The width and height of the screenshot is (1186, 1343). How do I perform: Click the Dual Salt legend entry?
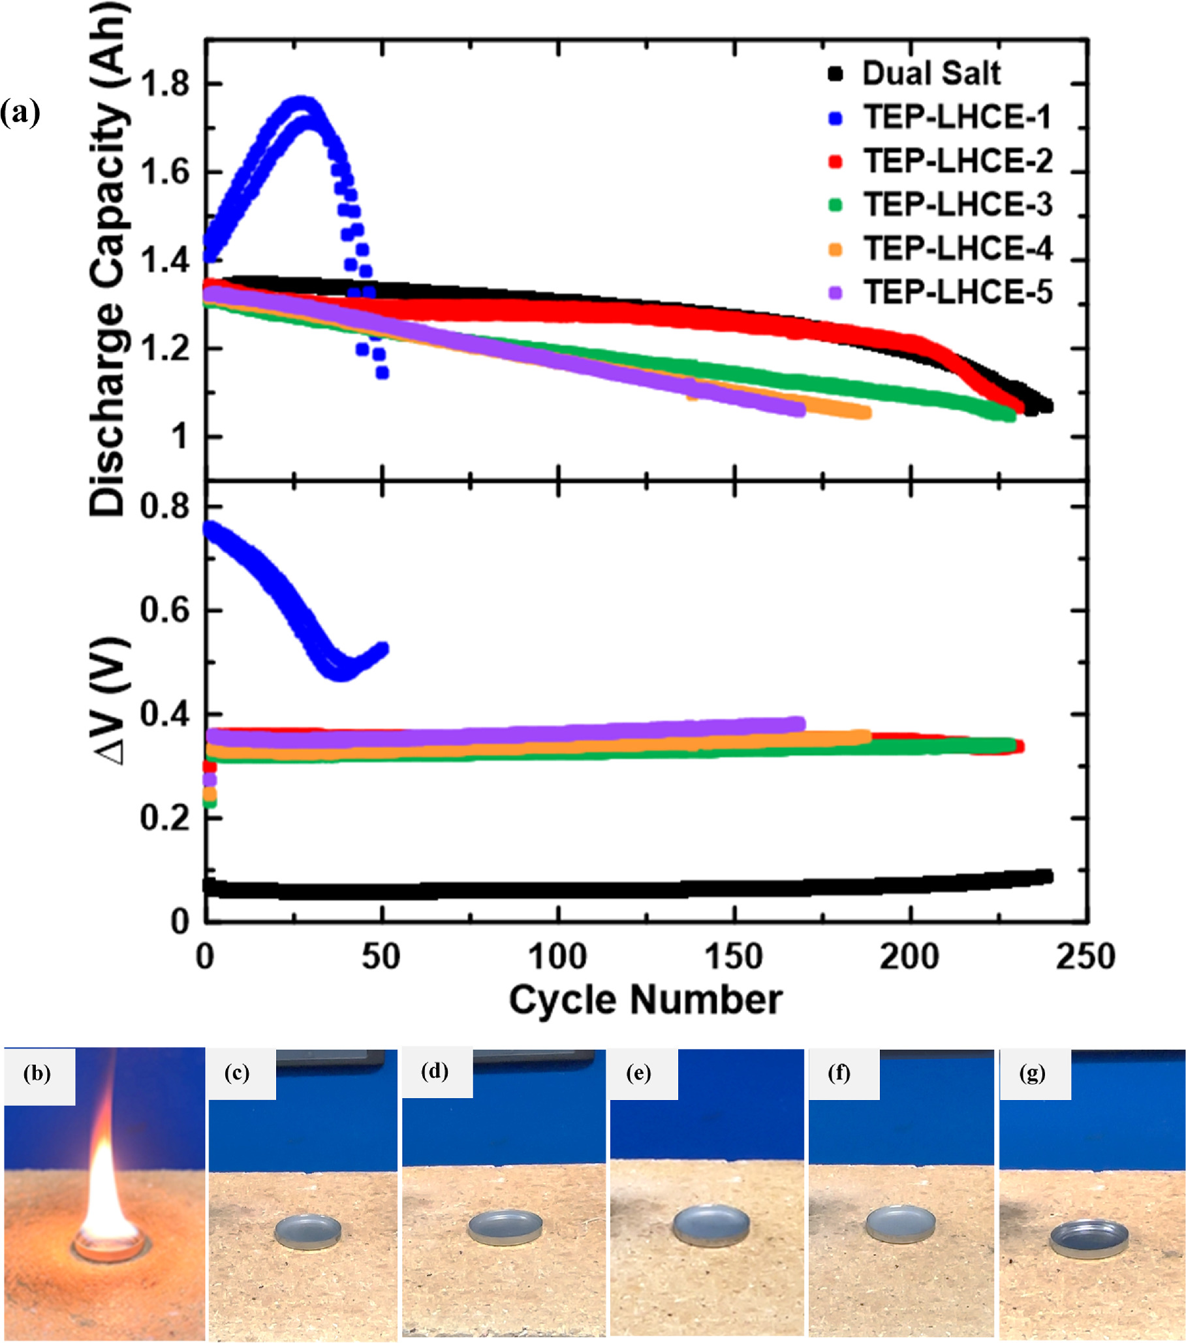[931, 74]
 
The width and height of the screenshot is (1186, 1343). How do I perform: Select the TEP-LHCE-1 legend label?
[957, 117]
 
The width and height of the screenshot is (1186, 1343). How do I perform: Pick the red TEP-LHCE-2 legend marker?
[835, 161]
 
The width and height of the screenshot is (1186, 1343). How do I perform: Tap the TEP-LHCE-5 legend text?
[957, 292]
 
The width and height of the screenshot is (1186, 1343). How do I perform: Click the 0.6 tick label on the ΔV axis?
[164, 609]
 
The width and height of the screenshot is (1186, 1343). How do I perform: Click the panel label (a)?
[20, 113]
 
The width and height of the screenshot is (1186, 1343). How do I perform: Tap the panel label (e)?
[638, 1074]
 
